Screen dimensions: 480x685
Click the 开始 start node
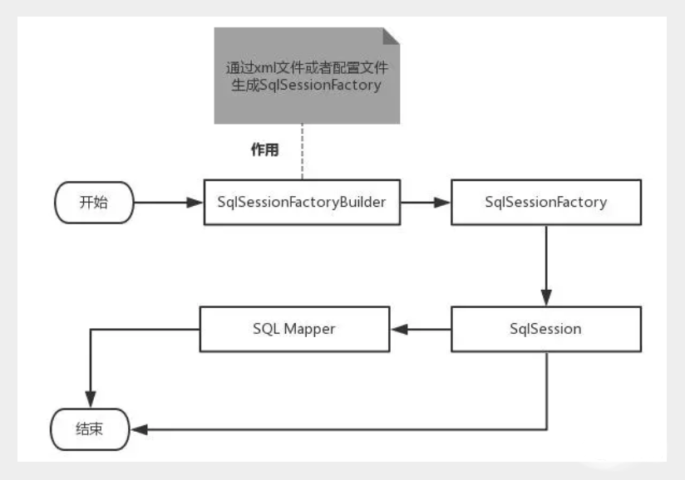[x=93, y=202]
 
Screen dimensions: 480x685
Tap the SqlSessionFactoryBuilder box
[x=302, y=202]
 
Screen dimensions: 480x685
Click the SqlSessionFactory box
[x=545, y=202]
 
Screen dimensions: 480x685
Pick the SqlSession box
[x=545, y=329]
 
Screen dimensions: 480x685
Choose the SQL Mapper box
[x=293, y=329]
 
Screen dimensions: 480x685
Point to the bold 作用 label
[x=265, y=150]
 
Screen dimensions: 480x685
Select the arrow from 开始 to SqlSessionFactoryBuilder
[x=166, y=202]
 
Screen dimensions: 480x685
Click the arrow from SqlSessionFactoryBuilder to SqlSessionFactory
[x=425, y=202]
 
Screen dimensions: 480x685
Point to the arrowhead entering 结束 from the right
[x=141, y=430]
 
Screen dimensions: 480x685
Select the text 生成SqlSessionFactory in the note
[x=307, y=86]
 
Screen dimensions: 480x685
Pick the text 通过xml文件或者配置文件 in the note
[x=307, y=67]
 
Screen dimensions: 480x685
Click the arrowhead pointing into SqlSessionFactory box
[x=445, y=202]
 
